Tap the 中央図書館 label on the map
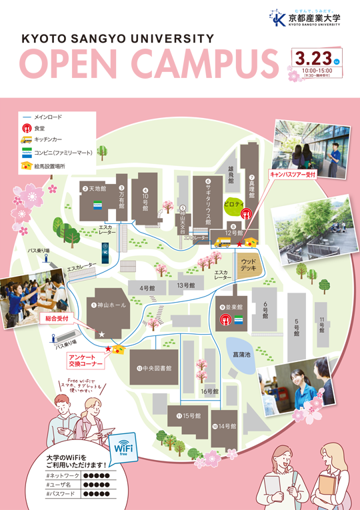pos(155,368)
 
